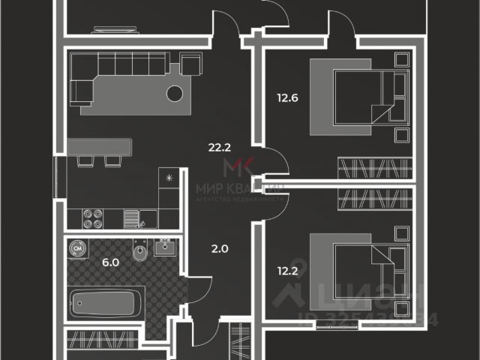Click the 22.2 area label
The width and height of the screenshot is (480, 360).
pos(218,147)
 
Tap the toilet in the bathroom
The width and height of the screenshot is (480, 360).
pos(138,256)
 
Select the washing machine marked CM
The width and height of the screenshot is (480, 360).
pos(78,247)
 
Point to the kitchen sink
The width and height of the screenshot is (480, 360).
pos(133,218)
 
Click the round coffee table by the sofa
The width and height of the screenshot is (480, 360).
pos(175,94)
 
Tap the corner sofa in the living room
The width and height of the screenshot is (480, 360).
pos(112,75)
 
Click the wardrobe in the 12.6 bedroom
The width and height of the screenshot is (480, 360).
pos(376,164)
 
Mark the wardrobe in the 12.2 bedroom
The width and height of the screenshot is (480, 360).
pos(376,199)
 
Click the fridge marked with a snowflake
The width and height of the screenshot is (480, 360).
pos(169,179)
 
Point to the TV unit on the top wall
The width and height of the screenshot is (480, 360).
pos(115,30)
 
